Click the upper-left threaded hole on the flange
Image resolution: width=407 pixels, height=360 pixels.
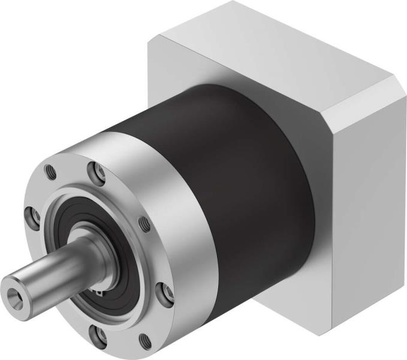point(52,173)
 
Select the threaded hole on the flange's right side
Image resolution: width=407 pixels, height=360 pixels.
point(144,224)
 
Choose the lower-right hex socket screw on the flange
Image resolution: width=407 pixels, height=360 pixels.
point(162,292)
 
